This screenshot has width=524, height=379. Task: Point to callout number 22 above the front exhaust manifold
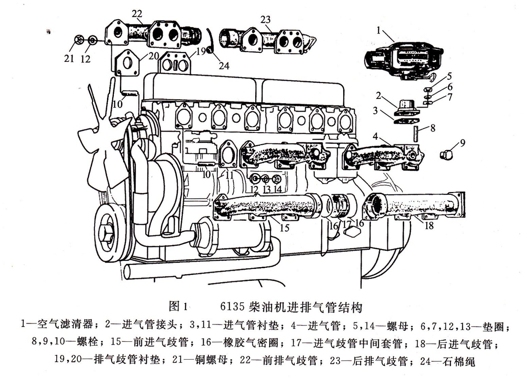tap(137, 14)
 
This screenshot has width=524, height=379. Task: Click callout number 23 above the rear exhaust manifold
tap(266, 19)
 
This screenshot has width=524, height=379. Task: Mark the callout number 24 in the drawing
tap(224, 65)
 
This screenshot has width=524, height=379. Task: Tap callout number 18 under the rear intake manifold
tap(429, 225)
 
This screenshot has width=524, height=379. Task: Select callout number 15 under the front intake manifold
tap(284, 227)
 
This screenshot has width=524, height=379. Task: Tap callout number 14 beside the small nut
tap(278, 189)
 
